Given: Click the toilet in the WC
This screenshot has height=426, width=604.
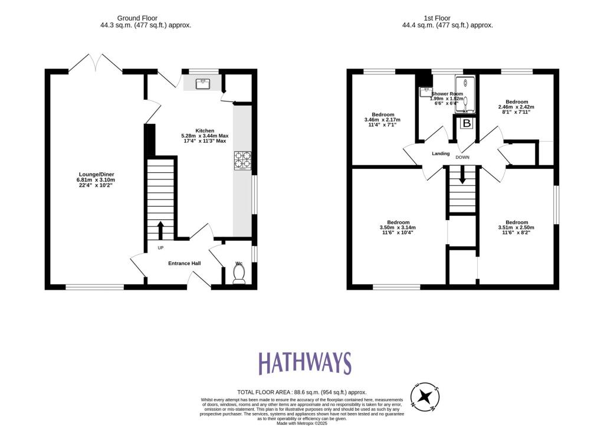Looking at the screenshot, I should tap(239, 274).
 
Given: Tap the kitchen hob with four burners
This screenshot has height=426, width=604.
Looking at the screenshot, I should tap(242, 161).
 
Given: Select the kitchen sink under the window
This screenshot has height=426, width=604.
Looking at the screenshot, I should tap(202, 83).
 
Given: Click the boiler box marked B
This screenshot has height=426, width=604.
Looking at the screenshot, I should tap(466, 124).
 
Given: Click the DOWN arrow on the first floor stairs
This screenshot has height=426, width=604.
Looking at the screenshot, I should tap(462, 175).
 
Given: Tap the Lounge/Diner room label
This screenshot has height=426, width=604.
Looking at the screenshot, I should tap(97, 174).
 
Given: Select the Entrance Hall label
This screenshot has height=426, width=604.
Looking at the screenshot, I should tap(185, 263).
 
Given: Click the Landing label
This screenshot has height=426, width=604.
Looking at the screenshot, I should tap(441, 154).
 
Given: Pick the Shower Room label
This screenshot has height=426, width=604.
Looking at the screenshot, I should tap(447, 94).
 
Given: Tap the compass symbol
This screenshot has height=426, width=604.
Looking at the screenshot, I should tap(425, 397).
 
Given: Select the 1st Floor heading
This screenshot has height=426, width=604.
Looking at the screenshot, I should tap(447, 18).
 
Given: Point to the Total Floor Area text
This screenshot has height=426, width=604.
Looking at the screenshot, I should tap(301, 392).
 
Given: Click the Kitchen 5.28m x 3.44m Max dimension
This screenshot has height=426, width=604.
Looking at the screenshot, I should tap(205, 136).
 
